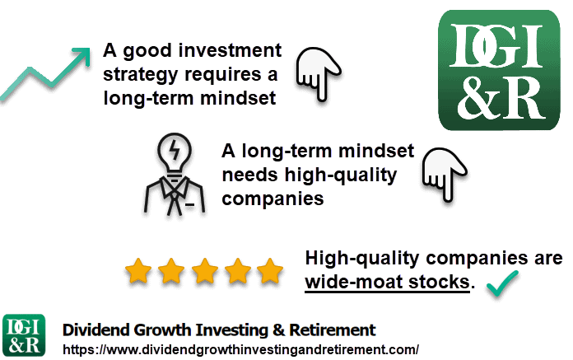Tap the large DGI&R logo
[x=499, y=70]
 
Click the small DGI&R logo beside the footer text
[x=24, y=335]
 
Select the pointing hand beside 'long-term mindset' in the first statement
[x=319, y=73]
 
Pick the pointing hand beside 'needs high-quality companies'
[x=445, y=174]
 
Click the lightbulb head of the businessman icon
[x=175, y=152]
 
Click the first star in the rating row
[x=138, y=271]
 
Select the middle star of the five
[x=205, y=271]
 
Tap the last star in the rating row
[x=270, y=271]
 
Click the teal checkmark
[x=502, y=283]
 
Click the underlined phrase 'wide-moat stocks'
[x=388, y=283]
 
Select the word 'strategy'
[x=140, y=75]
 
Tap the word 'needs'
[x=250, y=175]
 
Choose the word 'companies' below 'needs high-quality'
[x=273, y=199]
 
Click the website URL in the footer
[x=241, y=349]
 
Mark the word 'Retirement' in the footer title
[x=333, y=330]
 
